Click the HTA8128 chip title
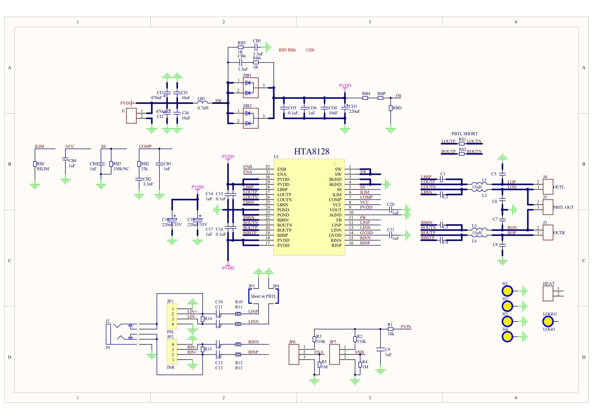312,152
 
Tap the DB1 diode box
250,86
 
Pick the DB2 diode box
250,118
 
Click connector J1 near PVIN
131,116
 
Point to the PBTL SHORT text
464,134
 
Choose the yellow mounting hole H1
507,291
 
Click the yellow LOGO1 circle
548,321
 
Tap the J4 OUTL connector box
548,187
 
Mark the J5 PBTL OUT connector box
548,207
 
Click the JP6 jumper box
294,354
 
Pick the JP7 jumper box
335,354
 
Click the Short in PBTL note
264,296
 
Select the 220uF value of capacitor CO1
354,111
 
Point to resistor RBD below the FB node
390,108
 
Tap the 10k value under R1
391,334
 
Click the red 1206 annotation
310,50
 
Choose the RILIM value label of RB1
43,169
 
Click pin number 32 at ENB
267,167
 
